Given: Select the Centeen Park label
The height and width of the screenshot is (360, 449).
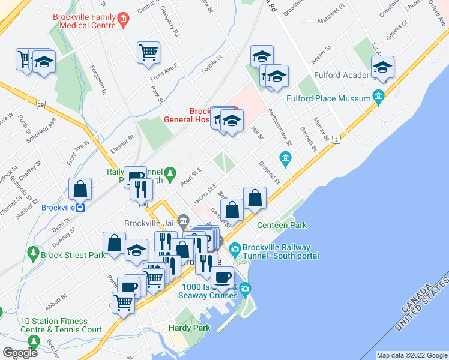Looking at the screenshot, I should [282, 225].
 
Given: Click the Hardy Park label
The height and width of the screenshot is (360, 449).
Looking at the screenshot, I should [193, 328].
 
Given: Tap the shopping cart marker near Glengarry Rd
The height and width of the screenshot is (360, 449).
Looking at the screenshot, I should [148, 52].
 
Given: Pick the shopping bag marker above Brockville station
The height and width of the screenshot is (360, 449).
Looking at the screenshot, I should [80, 189].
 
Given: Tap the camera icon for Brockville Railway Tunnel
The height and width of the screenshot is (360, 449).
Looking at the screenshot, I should [235, 248].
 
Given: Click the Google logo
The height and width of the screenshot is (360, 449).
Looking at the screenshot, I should [20, 353].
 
